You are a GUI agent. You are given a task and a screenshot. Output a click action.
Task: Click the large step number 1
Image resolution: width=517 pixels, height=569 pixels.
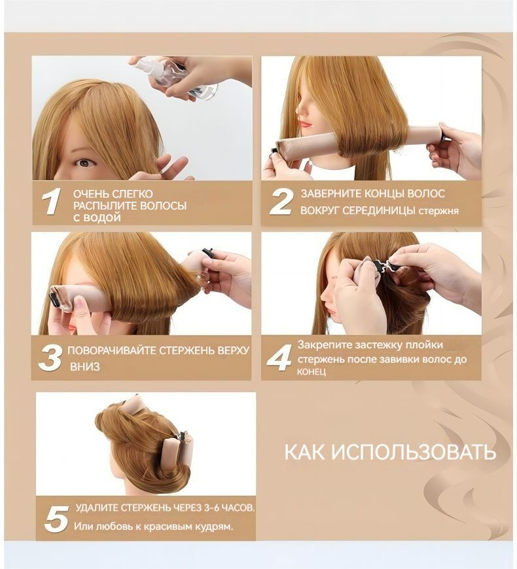pos(50,202)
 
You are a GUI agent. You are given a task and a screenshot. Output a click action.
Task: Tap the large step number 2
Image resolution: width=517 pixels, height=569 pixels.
pos(281,202)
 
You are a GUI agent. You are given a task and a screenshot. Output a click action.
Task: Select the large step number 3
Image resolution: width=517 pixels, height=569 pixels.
pos(50,358)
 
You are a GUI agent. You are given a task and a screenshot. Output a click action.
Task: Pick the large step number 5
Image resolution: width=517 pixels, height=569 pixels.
pos(56,519)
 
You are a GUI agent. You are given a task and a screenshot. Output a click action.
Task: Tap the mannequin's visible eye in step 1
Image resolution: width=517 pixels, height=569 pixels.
pos(85,163)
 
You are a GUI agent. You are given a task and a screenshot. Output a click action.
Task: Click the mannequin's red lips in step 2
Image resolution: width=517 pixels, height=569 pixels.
pos(306,124)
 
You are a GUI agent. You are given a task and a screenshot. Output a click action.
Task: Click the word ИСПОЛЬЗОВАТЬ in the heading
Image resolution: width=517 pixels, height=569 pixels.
pos(414,452)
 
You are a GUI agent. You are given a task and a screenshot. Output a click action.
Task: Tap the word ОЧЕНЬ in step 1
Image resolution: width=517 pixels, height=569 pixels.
pos(90,194)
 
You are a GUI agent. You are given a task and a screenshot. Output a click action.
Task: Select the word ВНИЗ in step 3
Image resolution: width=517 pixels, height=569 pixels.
pos(85,367)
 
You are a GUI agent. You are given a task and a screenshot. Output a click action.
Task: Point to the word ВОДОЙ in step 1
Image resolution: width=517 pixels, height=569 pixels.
pos(102,218)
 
